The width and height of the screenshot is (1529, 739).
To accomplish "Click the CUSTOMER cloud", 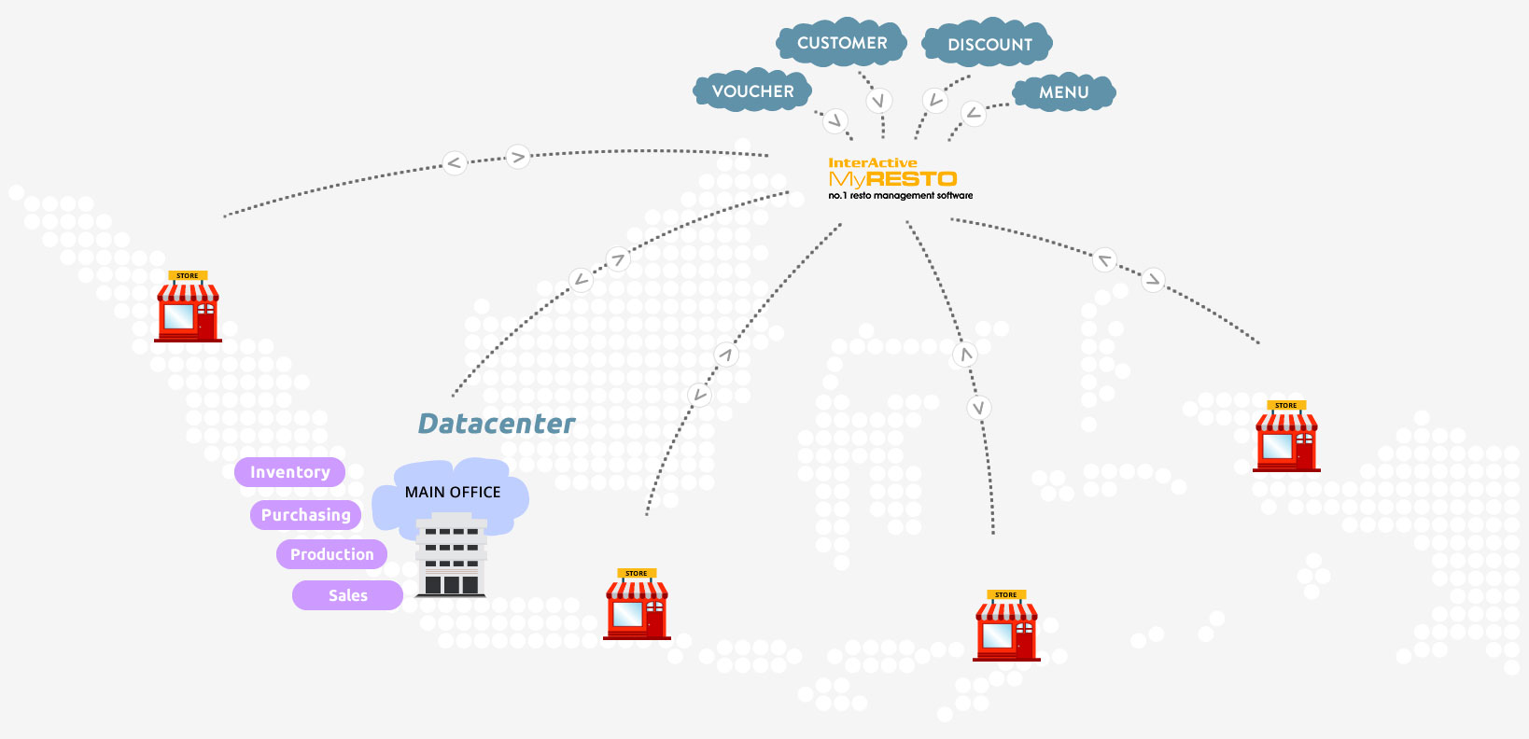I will (x=842, y=43).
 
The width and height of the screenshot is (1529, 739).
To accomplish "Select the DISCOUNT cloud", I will (x=989, y=44).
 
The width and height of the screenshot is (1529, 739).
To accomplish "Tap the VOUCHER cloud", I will (x=752, y=91).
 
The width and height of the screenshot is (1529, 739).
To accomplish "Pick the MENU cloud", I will (x=1063, y=92).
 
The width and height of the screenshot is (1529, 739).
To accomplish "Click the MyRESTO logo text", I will (x=892, y=178).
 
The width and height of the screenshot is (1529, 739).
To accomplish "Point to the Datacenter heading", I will (x=496, y=424).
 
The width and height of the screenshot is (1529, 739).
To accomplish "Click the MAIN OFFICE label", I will (x=453, y=492).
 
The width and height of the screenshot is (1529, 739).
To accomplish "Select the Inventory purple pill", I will (x=289, y=472).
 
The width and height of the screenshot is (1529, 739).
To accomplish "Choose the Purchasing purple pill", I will (x=305, y=515).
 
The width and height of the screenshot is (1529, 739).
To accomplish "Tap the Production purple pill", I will (x=331, y=554).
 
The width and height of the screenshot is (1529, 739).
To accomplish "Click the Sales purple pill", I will (x=347, y=595).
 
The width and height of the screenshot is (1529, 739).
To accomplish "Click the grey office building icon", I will (x=452, y=556).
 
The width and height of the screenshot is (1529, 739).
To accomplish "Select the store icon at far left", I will (x=188, y=308).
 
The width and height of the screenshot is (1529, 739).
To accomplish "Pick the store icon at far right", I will (x=1286, y=438).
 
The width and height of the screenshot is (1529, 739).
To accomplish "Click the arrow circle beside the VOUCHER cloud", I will (x=835, y=119).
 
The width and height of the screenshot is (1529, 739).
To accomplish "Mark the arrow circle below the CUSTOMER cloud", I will (x=878, y=101).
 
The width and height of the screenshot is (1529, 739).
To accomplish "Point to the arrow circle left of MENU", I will (x=974, y=114).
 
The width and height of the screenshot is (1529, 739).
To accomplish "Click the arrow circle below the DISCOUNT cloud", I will (x=935, y=100).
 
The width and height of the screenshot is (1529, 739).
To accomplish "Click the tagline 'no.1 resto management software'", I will (x=900, y=196).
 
